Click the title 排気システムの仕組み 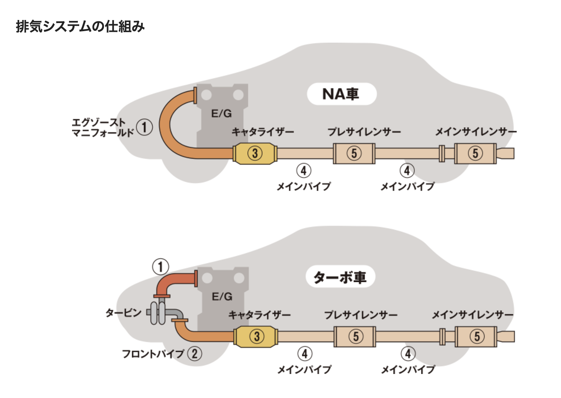click(80, 26)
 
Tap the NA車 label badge click(341, 94)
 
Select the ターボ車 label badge click(340, 277)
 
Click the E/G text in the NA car click(222, 114)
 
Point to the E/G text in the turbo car click(222, 297)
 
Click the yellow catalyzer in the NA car click(255, 153)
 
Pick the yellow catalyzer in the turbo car click(256, 336)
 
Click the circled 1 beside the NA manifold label click(144, 127)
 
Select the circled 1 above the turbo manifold click(160, 267)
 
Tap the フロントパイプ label click(153, 354)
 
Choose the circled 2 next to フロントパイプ click(195, 354)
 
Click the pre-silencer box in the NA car click(354, 153)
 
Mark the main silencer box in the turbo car click(476, 336)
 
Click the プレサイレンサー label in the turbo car click(361, 315)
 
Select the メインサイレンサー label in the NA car click(475, 132)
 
